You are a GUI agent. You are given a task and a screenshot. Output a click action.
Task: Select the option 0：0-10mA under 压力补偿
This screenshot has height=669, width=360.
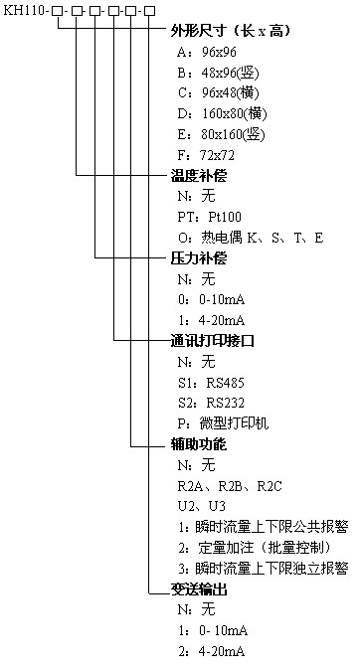[210, 300]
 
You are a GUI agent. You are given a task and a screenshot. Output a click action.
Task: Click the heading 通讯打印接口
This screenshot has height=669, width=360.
[206, 341]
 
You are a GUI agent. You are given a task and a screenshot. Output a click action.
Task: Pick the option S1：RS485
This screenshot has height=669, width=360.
[210, 382]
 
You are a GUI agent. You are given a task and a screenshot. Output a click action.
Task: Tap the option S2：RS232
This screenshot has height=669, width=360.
[210, 403]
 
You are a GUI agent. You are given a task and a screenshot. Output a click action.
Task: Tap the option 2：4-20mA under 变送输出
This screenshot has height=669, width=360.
[210, 651]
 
